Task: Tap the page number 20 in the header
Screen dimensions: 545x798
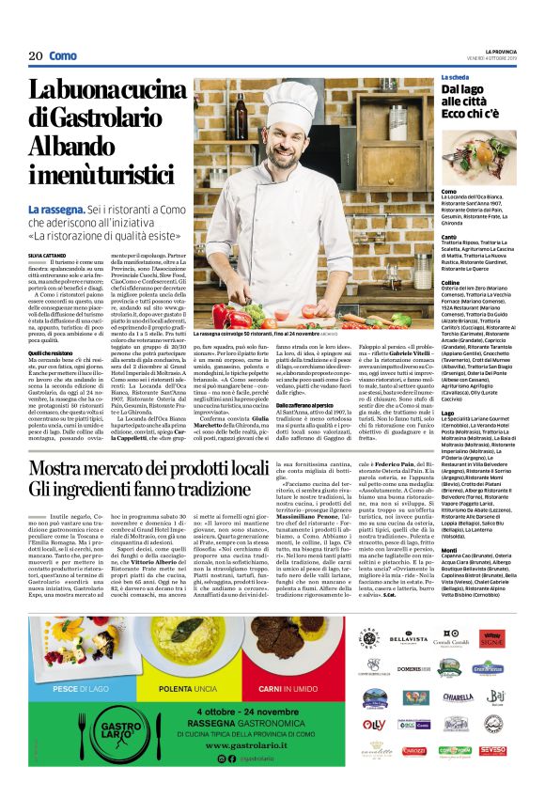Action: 36,56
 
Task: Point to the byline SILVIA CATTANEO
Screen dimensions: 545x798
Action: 48,227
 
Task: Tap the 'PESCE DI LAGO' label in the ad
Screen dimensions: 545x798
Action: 80,636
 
